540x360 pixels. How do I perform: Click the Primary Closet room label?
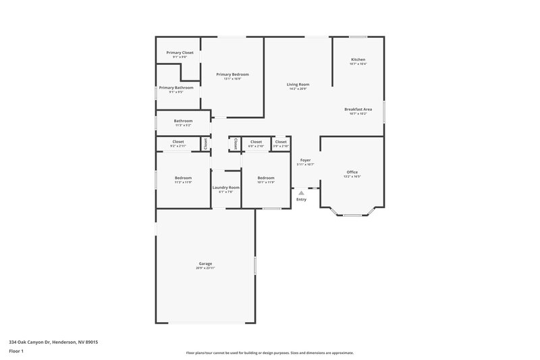click(179, 52)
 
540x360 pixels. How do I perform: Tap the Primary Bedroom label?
click(232, 74)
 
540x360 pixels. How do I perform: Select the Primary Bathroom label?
click(176, 87)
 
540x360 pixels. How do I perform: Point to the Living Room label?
click(298, 84)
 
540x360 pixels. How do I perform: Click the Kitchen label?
click(358, 59)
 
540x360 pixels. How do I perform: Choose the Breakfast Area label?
click(358, 109)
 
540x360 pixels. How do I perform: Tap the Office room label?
click(352, 172)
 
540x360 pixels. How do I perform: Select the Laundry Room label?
click(225, 187)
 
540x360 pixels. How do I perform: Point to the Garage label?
click(205, 263)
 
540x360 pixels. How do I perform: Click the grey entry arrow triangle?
click(301, 192)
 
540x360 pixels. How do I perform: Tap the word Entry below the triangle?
click(301, 199)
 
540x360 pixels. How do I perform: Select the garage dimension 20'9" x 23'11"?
click(205, 268)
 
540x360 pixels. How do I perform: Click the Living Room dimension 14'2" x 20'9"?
click(298, 89)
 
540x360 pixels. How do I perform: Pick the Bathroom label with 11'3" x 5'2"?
click(183, 121)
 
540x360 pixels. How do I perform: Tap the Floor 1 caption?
click(16, 352)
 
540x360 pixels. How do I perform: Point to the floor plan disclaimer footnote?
click(269, 353)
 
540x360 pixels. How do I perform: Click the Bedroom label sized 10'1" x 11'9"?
click(266, 178)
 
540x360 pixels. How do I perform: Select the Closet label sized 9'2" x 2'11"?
click(178, 142)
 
